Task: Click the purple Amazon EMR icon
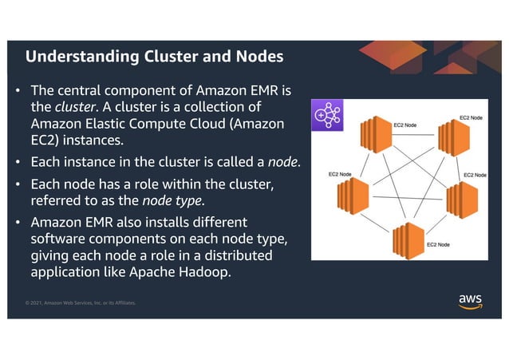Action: coord(326,115)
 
